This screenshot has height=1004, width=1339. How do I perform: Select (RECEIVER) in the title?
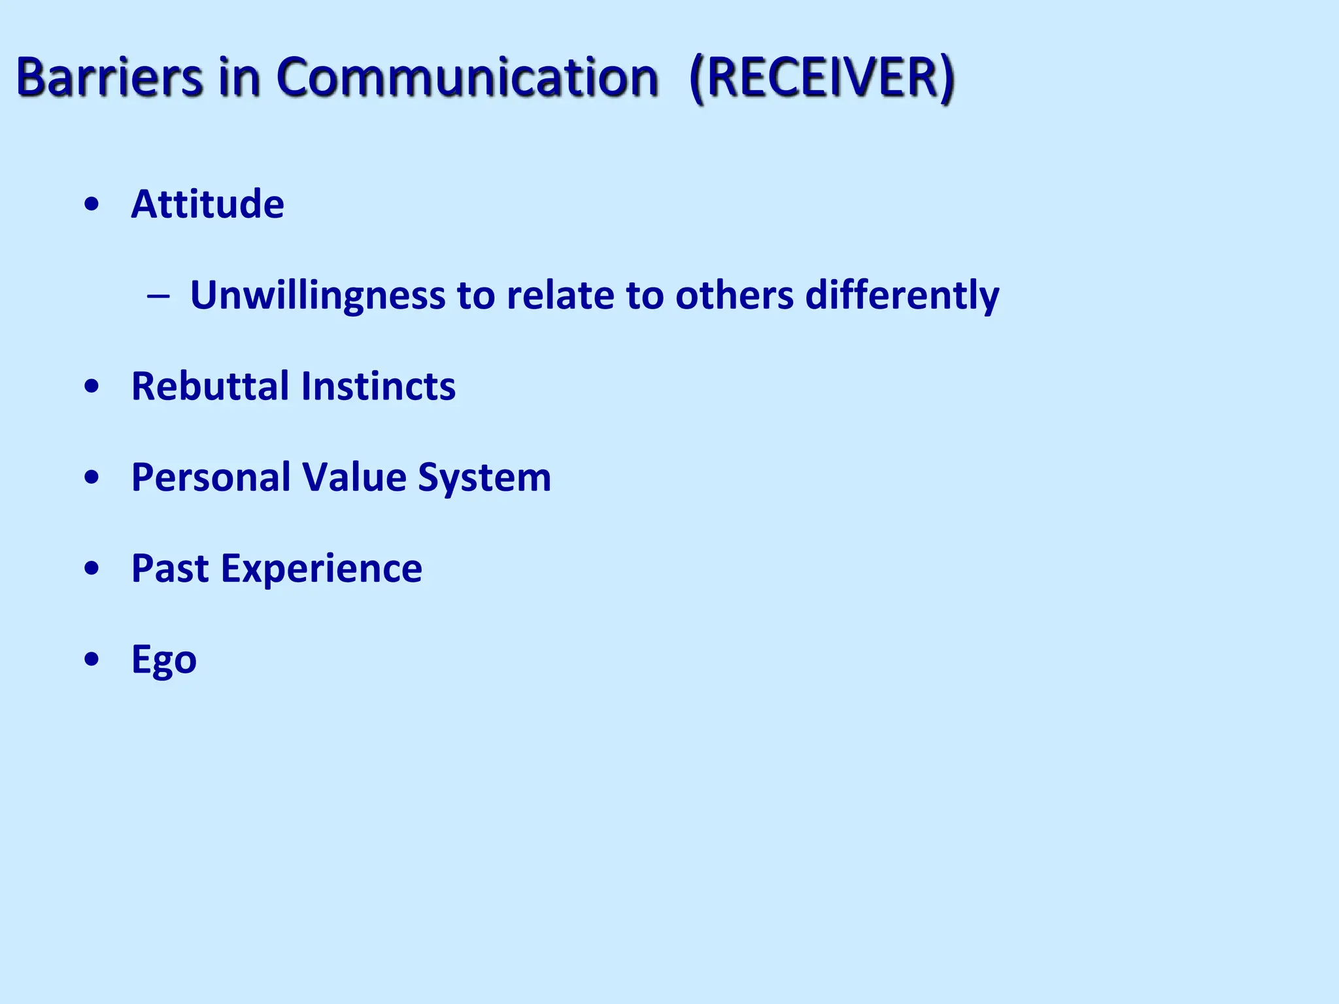[x=822, y=78]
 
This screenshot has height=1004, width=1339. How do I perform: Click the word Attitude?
[x=207, y=204]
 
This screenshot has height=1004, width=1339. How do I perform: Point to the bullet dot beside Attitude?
[x=92, y=205]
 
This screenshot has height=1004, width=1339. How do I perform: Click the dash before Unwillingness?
[x=158, y=296]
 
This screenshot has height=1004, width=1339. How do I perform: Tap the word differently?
[x=902, y=295]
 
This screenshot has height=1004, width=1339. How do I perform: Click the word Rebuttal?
[x=210, y=386]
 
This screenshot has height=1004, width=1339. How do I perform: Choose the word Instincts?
[x=379, y=386]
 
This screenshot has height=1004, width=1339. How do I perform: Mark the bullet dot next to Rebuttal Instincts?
[x=92, y=386]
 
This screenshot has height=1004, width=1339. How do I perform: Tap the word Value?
[x=354, y=477]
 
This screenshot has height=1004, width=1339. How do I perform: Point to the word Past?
[x=170, y=568]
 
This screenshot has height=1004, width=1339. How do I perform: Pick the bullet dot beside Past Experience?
[x=92, y=568]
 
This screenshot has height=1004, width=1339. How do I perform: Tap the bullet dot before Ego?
[x=92, y=659]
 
